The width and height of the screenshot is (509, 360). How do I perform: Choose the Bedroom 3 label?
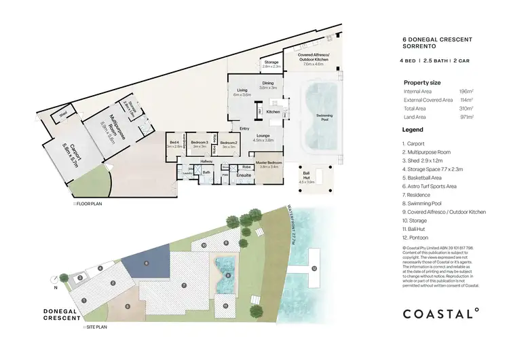(199, 143)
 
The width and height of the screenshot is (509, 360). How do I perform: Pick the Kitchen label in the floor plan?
(273, 111)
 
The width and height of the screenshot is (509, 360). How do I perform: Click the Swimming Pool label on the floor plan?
(324, 117)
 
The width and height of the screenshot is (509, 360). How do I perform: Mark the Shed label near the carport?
(64, 114)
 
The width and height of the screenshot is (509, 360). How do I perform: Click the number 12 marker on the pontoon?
(314, 268)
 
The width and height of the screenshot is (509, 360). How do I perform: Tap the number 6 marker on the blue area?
(144, 262)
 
